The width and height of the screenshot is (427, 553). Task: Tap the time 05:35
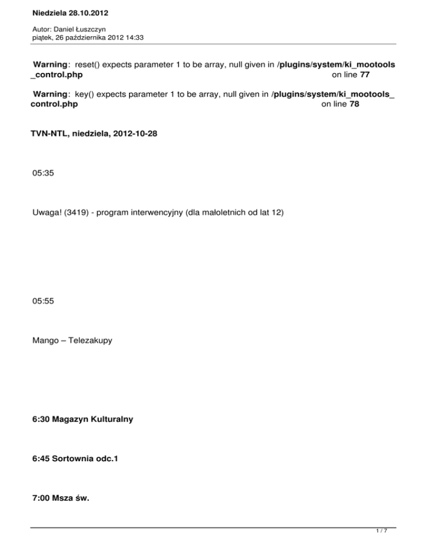(x=43, y=174)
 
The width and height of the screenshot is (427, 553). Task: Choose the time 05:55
(x=43, y=301)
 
